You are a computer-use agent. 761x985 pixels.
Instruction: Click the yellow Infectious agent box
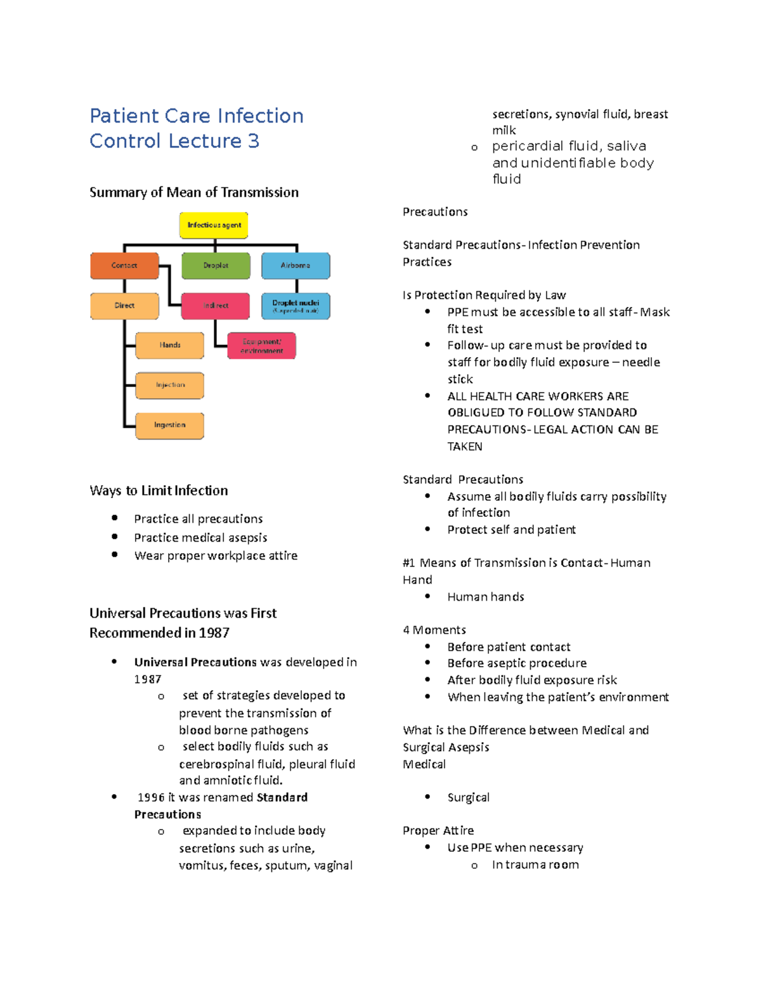(214, 225)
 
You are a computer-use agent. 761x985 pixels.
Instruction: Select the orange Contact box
(124, 266)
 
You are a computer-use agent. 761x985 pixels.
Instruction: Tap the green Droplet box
(216, 266)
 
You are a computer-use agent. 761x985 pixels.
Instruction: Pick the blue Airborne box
(296, 266)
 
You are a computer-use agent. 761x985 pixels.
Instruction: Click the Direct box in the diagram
(124, 306)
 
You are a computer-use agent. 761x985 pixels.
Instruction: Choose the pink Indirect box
(216, 306)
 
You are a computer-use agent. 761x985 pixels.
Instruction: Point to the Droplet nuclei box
(296, 306)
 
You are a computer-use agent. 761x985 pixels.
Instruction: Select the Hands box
(170, 345)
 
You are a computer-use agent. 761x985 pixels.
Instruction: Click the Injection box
(170, 385)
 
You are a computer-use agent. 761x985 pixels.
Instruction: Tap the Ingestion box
(170, 425)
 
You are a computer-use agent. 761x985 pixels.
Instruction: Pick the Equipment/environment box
(261, 346)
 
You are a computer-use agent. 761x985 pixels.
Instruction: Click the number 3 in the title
(254, 141)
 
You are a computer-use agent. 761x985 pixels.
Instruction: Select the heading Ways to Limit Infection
(159, 490)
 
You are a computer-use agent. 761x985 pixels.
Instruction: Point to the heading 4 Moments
(434, 630)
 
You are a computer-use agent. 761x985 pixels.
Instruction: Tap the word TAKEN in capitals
(465, 447)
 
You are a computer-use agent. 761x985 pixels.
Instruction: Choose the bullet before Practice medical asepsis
(115, 537)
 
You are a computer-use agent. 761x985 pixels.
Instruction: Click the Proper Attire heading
(438, 830)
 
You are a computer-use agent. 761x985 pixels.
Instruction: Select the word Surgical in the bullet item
(469, 797)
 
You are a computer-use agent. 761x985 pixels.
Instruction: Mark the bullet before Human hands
(428, 596)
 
